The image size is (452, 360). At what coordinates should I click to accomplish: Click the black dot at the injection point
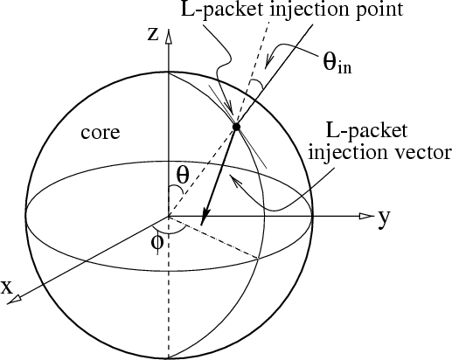click(236, 127)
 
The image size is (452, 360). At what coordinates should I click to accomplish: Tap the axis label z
click(153, 34)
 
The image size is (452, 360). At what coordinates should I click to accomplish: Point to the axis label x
click(7, 287)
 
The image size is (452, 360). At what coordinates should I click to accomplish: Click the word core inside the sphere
click(101, 133)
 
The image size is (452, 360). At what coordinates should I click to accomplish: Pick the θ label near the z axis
click(183, 175)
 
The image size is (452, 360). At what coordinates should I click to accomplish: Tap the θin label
click(337, 63)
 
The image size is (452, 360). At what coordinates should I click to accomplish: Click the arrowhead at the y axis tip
click(366, 216)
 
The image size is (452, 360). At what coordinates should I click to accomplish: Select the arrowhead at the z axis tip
click(168, 36)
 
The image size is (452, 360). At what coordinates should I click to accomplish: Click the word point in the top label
click(375, 10)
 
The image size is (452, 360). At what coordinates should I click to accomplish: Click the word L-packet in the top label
click(222, 10)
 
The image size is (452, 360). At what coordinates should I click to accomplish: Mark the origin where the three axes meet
click(168, 217)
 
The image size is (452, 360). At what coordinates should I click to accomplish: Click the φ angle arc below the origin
click(169, 232)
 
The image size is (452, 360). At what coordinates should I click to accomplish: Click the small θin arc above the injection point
click(258, 84)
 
